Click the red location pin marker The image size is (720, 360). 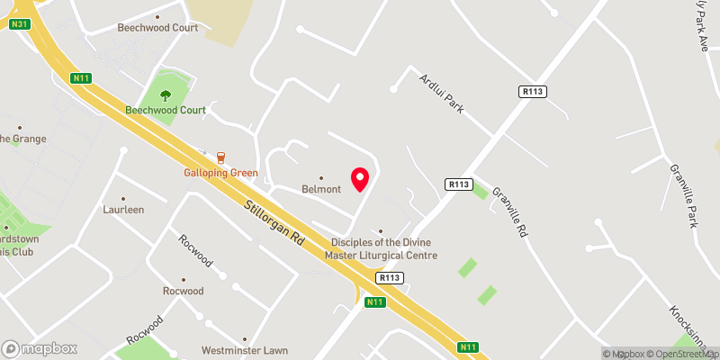361,179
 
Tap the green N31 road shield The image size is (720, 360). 21,23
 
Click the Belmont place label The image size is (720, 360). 321,189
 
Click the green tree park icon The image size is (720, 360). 165,94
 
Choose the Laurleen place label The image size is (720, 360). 123,210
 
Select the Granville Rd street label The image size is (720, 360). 509,218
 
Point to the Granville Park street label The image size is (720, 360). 683,194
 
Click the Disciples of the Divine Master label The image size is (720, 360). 384,248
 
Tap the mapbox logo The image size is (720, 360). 39,348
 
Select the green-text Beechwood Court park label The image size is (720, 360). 166,110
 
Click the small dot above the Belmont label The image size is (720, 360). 321,177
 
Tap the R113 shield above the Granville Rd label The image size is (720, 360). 459,184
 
